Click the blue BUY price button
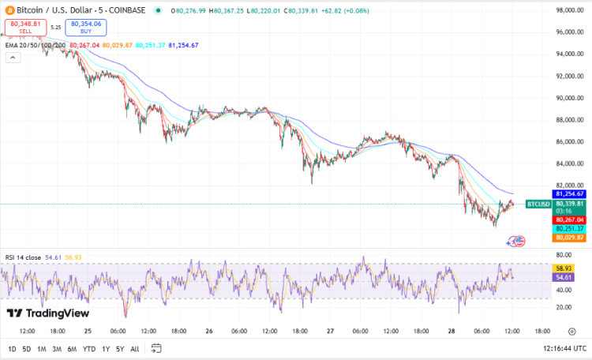click(x=88, y=28)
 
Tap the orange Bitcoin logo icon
click(x=9, y=10)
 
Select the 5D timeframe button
click(x=27, y=349)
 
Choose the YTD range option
click(x=89, y=349)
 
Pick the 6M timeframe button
click(x=71, y=349)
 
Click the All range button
click(x=135, y=349)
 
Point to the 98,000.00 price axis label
click(x=569, y=10)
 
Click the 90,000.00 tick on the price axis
click(x=569, y=98)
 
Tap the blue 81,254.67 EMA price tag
click(x=569, y=193)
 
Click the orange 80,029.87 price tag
click(x=569, y=237)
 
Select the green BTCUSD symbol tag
click(x=537, y=204)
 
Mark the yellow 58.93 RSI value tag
click(x=563, y=268)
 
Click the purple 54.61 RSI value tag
click(x=563, y=278)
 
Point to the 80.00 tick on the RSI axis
click(x=564, y=255)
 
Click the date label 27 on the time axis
click(x=331, y=332)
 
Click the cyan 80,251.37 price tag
click(x=569, y=228)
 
